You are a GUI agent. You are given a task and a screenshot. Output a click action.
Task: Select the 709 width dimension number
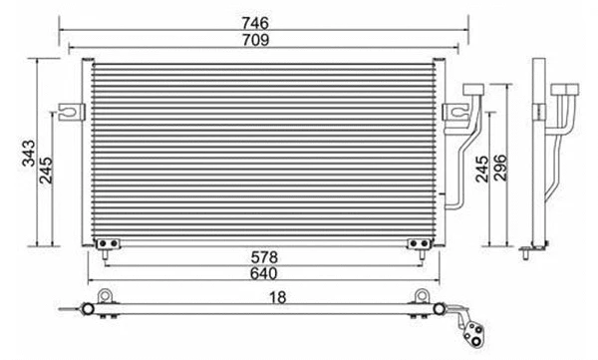(265, 38)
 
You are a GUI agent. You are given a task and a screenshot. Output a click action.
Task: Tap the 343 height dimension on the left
(30, 153)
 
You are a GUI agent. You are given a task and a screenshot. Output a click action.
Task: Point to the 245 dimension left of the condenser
(47, 176)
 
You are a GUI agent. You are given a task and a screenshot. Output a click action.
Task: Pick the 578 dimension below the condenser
(264, 256)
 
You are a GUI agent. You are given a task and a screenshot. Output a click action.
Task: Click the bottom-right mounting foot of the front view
(419, 241)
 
